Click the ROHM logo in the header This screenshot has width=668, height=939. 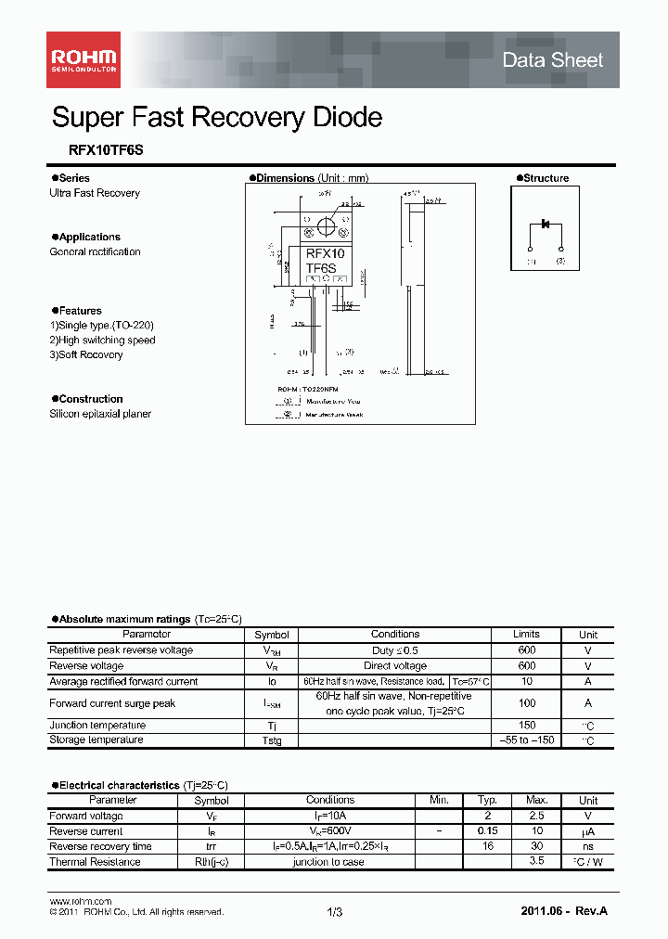pos(83,60)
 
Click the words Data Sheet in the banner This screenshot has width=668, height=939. pos(552,60)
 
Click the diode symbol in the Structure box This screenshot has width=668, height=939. pos(546,225)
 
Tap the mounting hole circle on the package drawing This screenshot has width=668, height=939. pos(326,225)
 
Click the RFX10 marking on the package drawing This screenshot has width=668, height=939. pos(325,252)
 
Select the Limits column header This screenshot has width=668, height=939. pos(526,635)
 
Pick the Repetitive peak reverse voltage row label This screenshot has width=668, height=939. pos(121,650)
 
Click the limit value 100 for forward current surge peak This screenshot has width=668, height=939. pos(526,703)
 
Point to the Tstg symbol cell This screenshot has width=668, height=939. pos(271,740)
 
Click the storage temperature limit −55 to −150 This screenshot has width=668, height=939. pos(526,740)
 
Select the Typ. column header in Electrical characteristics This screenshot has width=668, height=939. pos(487,800)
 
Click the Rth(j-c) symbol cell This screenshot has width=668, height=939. pos(212,862)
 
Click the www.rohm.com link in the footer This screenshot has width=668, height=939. pos(80,902)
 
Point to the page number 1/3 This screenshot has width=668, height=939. pos(334,913)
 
